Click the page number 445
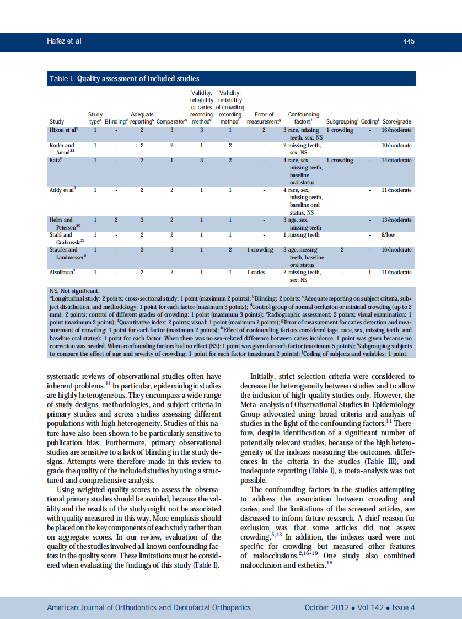pyautogui.click(x=409, y=41)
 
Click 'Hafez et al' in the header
pyautogui.click(x=65, y=41)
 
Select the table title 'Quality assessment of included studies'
pyautogui.click(x=138, y=79)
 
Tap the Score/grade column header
pyautogui.click(x=396, y=121)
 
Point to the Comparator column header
pyautogui.click(x=173, y=121)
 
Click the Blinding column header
pyautogui.click(x=116, y=121)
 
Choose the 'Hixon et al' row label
pyautogui.click(x=63, y=130)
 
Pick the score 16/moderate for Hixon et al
pyautogui.click(x=396, y=130)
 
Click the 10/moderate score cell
pyautogui.click(x=396, y=146)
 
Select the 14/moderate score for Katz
pyautogui.click(x=396, y=161)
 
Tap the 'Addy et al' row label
pyautogui.click(x=63, y=190)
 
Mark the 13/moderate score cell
pyautogui.click(x=396, y=220)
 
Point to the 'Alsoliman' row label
pyautogui.click(x=62, y=272)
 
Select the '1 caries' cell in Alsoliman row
pyautogui.click(x=256, y=272)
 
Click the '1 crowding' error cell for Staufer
pyautogui.click(x=260, y=250)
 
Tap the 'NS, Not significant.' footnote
pyautogui.click(x=74, y=290)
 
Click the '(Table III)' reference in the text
pyautogui.click(x=385, y=461)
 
